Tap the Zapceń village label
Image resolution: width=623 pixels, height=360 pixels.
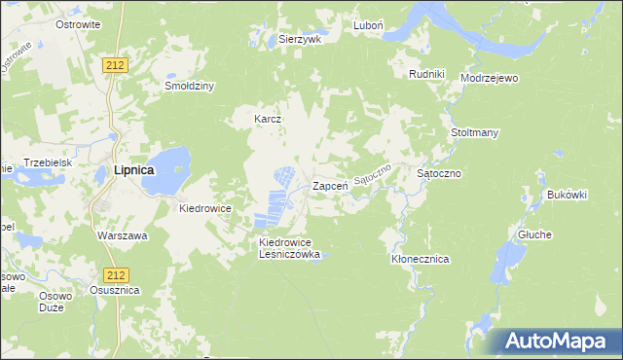point(330,186)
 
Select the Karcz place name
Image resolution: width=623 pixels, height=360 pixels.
point(268,120)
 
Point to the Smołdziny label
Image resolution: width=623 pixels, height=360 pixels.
point(189,86)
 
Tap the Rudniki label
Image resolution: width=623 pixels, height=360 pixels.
point(427,73)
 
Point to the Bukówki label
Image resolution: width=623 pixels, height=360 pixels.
point(568,195)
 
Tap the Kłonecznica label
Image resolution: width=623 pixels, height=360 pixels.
point(420,260)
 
